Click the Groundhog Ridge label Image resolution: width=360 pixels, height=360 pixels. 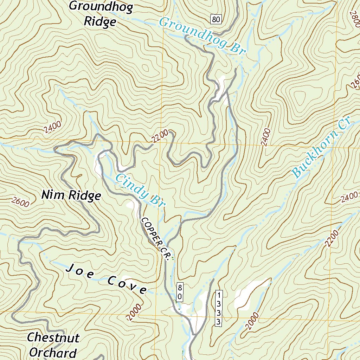(100, 14)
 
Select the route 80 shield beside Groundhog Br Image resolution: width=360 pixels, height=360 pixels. (216, 19)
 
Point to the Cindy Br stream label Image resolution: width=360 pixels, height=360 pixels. (140, 191)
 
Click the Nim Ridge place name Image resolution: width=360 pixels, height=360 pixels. (71, 195)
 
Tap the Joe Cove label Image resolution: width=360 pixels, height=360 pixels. (107, 279)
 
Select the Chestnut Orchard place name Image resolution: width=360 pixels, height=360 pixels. (53, 345)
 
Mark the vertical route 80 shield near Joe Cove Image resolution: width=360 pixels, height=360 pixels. (179, 292)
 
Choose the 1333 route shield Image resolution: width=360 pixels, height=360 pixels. (219, 308)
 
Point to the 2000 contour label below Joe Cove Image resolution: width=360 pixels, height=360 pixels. (134, 312)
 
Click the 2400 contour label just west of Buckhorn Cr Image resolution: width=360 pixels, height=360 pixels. (266, 138)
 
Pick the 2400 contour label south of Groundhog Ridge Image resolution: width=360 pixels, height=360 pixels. (53, 126)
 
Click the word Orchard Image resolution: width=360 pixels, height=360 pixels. (53, 352)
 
